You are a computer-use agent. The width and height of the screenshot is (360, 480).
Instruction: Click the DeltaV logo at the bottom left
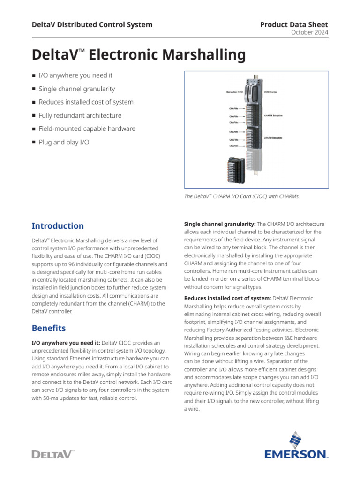point(52,454)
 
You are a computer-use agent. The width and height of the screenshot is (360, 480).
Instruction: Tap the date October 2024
point(310,32)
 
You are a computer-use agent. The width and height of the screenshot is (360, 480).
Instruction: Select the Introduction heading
point(58,226)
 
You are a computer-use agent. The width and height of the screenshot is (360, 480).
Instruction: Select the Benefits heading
point(49,328)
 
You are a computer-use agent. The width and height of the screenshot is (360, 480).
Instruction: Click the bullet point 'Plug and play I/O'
point(64,142)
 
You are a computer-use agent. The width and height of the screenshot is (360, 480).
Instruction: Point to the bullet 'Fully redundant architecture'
point(80,115)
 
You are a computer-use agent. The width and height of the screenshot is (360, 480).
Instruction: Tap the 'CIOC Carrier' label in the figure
point(274,92)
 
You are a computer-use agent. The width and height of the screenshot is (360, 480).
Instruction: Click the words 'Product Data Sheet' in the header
point(294,24)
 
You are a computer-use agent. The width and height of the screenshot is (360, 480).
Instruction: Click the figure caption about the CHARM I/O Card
point(242,196)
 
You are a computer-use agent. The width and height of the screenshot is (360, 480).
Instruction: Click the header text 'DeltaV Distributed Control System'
point(92,24)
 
